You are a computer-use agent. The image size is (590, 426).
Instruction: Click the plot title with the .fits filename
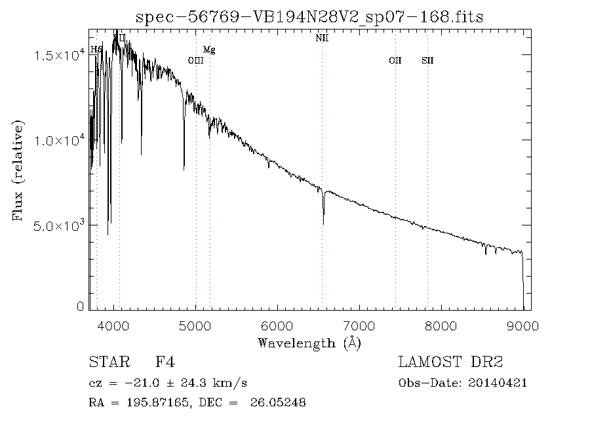tap(309, 16)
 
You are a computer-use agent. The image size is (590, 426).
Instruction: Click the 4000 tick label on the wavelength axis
tap(114, 326)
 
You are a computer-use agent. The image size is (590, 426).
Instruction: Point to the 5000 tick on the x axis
tap(196, 326)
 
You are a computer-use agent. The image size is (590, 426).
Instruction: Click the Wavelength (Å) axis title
tap(309, 343)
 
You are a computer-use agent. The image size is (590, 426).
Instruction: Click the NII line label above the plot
tap(322, 39)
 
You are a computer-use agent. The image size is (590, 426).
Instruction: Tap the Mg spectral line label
tap(209, 50)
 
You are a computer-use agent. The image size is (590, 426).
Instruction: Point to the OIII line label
tap(195, 60)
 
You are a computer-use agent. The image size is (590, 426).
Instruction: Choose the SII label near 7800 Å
tap(427, 60)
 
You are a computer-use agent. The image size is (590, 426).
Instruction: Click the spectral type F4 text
tap(165, 362)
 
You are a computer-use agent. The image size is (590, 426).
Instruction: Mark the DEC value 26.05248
tap(278, 403)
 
